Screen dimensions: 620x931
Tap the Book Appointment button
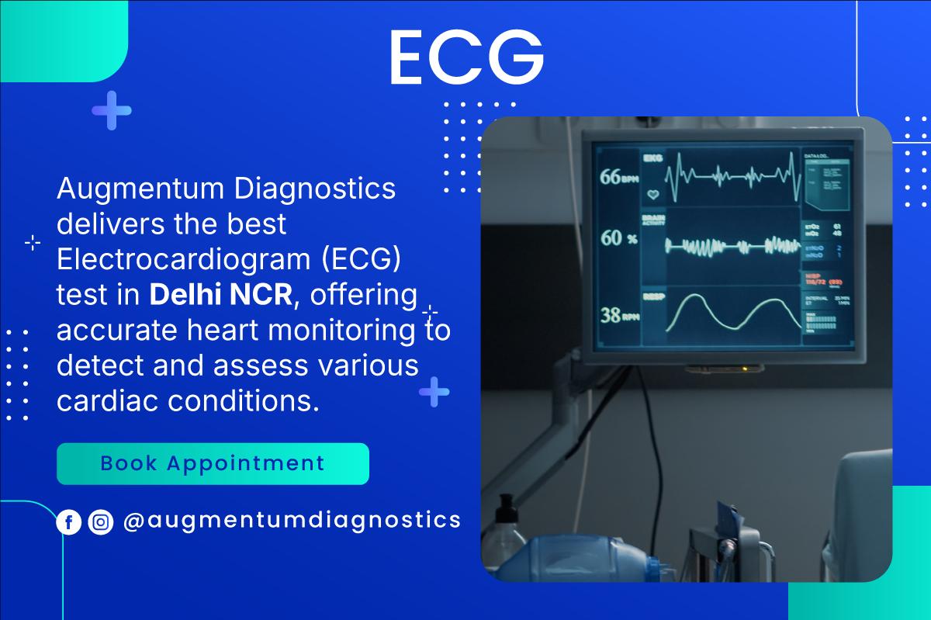click(x=213, y=464)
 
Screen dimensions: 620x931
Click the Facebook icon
click(x=69, y=522)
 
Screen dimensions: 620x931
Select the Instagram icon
click(x=101, y=522)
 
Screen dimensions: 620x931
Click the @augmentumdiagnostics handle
click(x=292, y=521)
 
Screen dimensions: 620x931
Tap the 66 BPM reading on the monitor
click(x=620, y=177)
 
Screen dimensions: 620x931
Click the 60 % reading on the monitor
click(x=619, y=238)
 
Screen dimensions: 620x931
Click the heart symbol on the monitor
click(x=652, y=194)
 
